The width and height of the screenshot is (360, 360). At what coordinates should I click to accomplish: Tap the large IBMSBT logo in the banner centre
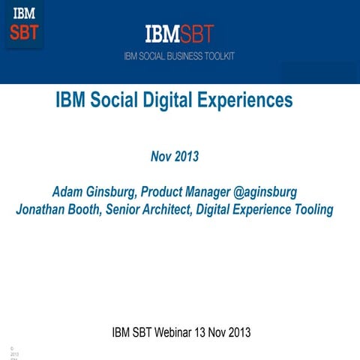(x=180, y=34)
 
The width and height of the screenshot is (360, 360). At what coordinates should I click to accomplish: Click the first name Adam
(x=67, y=193)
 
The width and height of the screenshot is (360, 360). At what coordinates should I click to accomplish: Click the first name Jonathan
(x=42, y=210)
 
